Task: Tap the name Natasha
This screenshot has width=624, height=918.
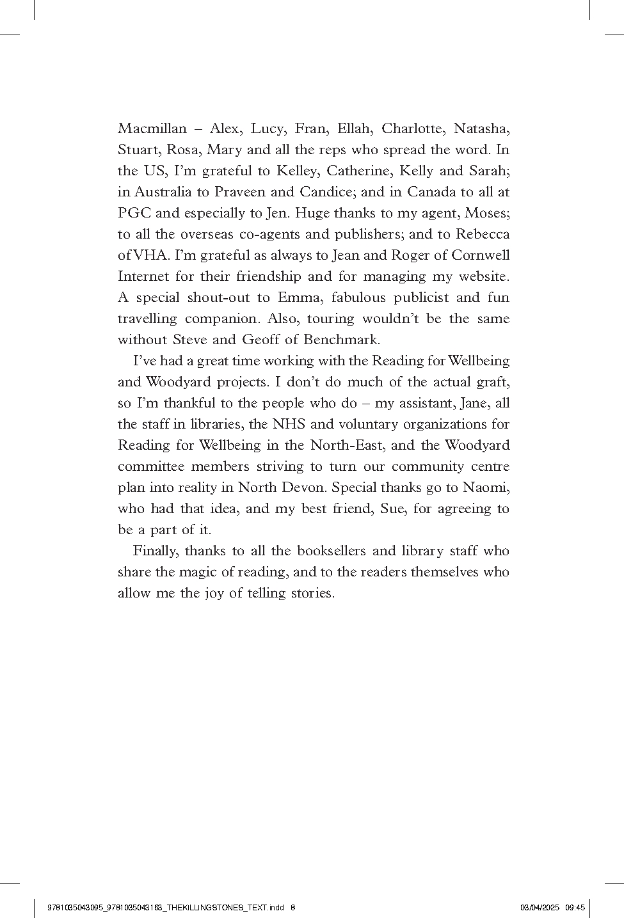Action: (481, 129)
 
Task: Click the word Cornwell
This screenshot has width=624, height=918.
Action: (480, 255)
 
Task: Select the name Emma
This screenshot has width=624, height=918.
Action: (295, 297)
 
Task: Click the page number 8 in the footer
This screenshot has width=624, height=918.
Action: (292, 906)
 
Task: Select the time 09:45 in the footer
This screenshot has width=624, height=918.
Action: (575, 906)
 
